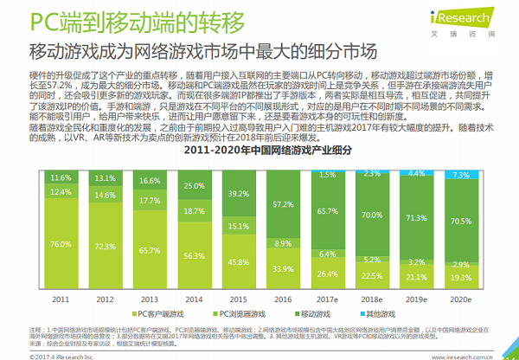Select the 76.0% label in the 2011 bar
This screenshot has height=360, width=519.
point(60,245)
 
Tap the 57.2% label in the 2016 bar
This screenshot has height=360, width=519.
point(281,204)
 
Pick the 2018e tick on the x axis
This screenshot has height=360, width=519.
point(372,299)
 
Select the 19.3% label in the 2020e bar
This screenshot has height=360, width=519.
point(462,278)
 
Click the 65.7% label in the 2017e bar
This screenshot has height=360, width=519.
point(327,211)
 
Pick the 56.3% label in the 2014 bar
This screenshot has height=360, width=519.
point(192,255)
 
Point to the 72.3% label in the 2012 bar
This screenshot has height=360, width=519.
point(104,247)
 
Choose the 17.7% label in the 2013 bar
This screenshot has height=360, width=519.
point(149,201)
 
